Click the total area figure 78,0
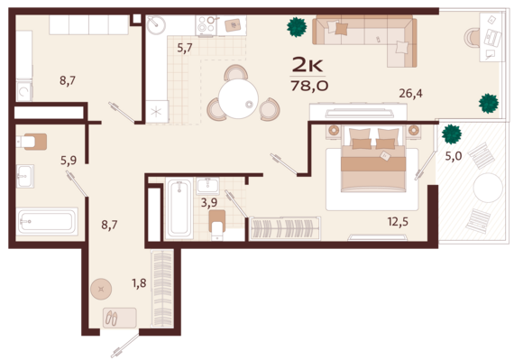click(x=309, y=86)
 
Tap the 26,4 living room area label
click(x=410, y=94)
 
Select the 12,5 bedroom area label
click(x=398, y=222)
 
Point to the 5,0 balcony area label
click(x=454, y=156)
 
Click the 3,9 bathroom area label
click(x=209, y=202)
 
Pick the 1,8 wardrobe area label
click(x=139, y=282)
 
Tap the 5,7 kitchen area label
click(x=185, y=48)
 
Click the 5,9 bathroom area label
click(x=69, y=160)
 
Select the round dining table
click(x=238, y=98)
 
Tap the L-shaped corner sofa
click(x=364, y=40)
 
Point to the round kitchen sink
click(x=156, y=24)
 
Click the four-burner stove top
click(x=206, y=25)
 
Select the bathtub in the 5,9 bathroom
click(x=48, y=221)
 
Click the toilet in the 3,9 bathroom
click(x=217, y=226)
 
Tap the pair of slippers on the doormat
click(x=112, y=318)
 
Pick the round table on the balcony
click(x=488, y=188)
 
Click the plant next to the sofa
click(x=297, y=27)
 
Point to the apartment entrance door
click(x=125, y=346)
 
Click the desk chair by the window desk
click(x=472, y=38)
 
